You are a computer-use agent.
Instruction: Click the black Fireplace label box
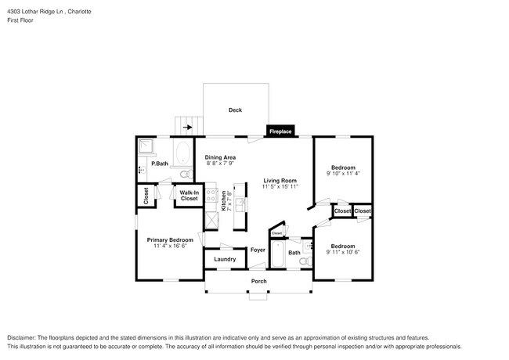pyautogui.click(x=280, y=131)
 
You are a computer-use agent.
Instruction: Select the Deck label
pyautogui.click(x=235, y=110)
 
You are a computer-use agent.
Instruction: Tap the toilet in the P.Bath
pyautogui.click(x=184, y=173)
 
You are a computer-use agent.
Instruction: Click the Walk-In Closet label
pyautogui.click(x=189, y=196)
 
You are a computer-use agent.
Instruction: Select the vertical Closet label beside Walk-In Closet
pyautogui.click(x=146, y=196)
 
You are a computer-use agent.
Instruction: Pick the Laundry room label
pyautogui.click(x=224, y=259)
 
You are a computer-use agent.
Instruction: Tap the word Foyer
pyautogui.click(x=258, y=250)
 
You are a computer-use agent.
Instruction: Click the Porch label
pyautogui.click(x=258, y=281)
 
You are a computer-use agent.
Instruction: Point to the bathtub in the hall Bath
pyautogui.click(x=278, y=254)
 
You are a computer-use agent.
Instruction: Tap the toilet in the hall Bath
pyautogui.click(x=304, y=261)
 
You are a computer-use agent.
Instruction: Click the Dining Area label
pyautogui.click(x=220, y=157)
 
